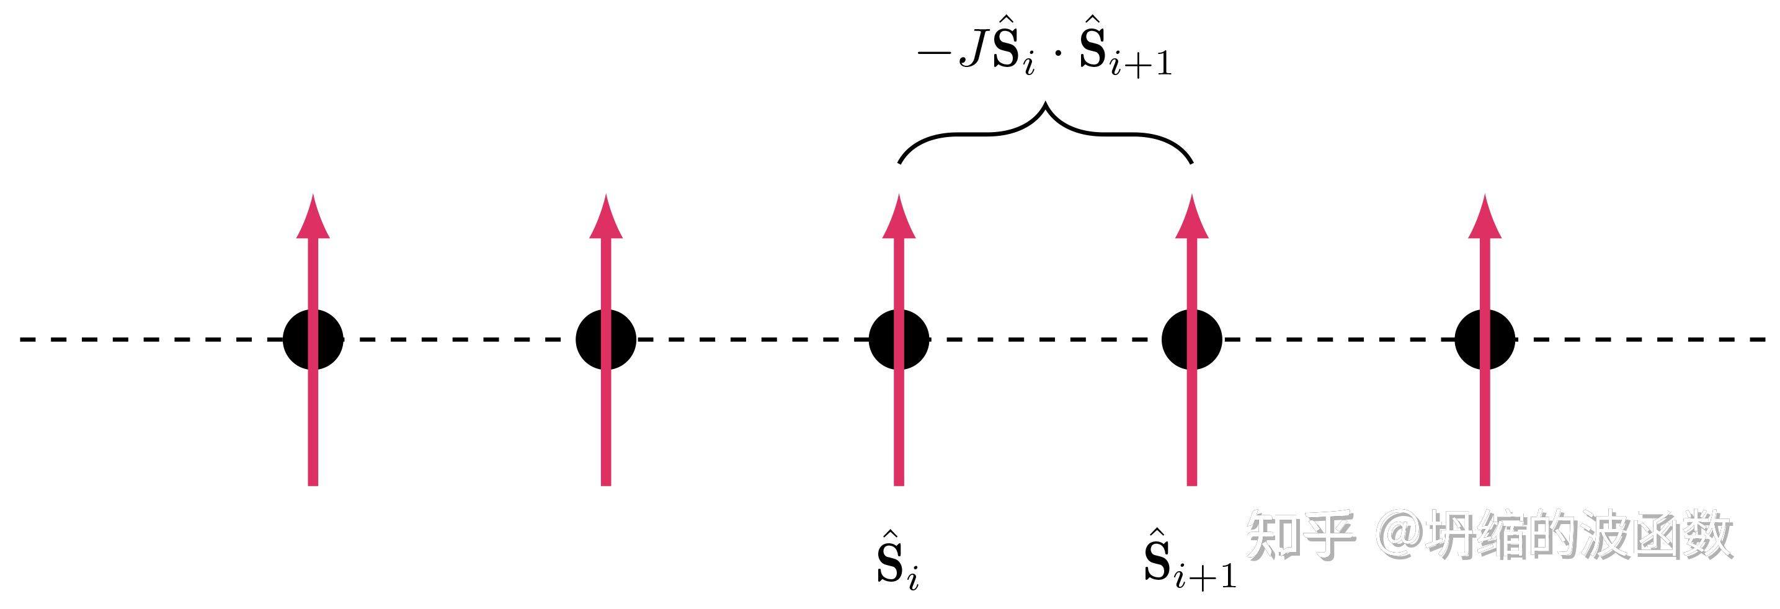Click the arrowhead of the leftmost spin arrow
click(x=313, y=217)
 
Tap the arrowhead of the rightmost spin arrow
click(x=1485, y=217)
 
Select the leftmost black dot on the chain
click(x=313, y=339)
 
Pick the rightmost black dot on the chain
click(x=1485, y=339)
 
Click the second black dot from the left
click(x=606, y=339)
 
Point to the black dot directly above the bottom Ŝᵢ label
click(x=899, y=339)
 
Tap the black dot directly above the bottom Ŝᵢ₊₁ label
click(x=1192, y=339)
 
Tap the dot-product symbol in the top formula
click(x=1057, y=53)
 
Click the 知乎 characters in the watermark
click(x=1300, y=535)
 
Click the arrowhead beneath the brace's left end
click(x=899, y=217)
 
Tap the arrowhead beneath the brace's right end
click(x=1192, y=217)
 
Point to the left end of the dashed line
click(x=20, y=339)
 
